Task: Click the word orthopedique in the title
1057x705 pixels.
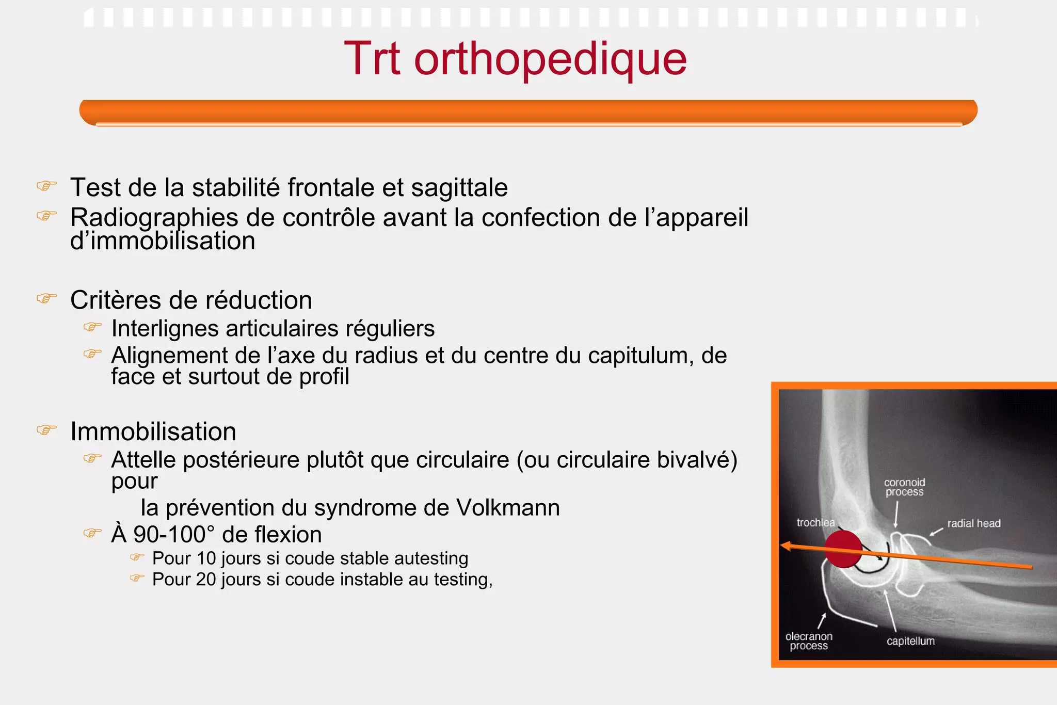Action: pos(550,59)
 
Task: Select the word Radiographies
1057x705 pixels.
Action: pos(154,218)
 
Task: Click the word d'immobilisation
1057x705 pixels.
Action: pos(163,241)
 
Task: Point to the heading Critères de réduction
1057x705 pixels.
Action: pos(191,300)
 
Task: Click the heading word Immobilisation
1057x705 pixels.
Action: pos(153,431)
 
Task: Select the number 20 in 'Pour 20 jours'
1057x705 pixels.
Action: pos(206,580)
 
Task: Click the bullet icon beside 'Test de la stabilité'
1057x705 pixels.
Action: pos(46,186)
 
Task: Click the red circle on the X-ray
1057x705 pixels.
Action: pos(843,549)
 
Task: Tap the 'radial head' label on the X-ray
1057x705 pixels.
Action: pos(973,523)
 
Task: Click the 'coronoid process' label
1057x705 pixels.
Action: pos(904,487)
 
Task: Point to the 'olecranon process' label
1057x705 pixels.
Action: pos(809,641)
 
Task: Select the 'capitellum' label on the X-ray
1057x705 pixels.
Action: pos(910,641)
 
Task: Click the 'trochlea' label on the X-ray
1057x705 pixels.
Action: pos(815,522)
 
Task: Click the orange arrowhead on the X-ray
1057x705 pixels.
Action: pos(786,546)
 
